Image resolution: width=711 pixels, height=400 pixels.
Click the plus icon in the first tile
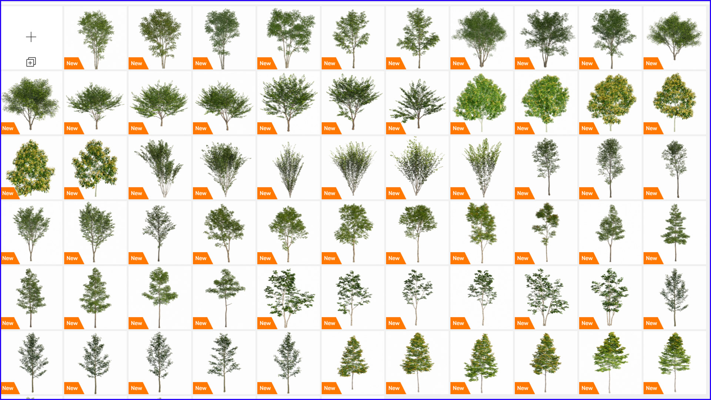tap(31, 37)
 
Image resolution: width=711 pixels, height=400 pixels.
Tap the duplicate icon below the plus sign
tap(31, 62)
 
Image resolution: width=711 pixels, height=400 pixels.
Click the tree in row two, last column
tap(674, 102)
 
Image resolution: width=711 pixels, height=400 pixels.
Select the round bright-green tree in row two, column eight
tap(481, 102)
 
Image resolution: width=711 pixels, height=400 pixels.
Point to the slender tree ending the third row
tap(675, 169)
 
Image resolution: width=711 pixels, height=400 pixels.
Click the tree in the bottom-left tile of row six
tap(33, 362)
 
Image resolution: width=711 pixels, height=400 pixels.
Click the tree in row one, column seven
tap(418, 38)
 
